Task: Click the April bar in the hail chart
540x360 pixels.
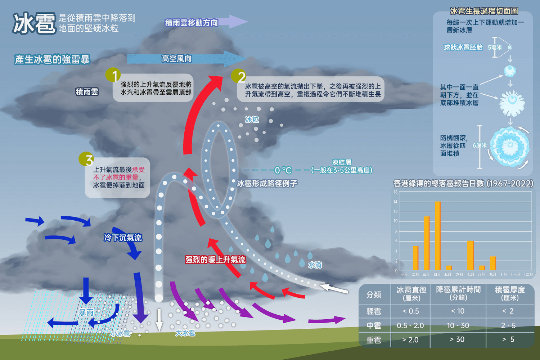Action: [437, 235]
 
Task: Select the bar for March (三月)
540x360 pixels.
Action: [427, 243]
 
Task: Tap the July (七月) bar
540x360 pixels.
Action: [470, 255]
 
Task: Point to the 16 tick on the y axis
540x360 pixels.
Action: [395, 192]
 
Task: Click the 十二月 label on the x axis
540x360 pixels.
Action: [527, 274]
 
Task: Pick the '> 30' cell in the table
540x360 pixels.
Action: [457, 339]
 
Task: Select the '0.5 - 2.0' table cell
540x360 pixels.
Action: [410, 325]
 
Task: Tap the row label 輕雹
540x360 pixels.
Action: [374, 311]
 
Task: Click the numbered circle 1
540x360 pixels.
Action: [113, 75]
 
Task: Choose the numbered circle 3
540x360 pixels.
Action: [86, 159]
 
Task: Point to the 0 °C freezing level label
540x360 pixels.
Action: [283, 170]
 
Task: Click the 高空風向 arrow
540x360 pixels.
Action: [187, 59]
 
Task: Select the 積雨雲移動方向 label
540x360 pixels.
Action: [192, 23]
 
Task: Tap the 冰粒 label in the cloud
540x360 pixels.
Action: [252, 120]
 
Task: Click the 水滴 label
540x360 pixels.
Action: [315, 265]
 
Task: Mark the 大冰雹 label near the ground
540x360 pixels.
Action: [185, 333]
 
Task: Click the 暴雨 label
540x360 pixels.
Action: [86, 312]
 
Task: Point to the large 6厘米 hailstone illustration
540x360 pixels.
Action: [510, 147]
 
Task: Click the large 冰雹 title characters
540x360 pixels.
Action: [34, 23]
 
